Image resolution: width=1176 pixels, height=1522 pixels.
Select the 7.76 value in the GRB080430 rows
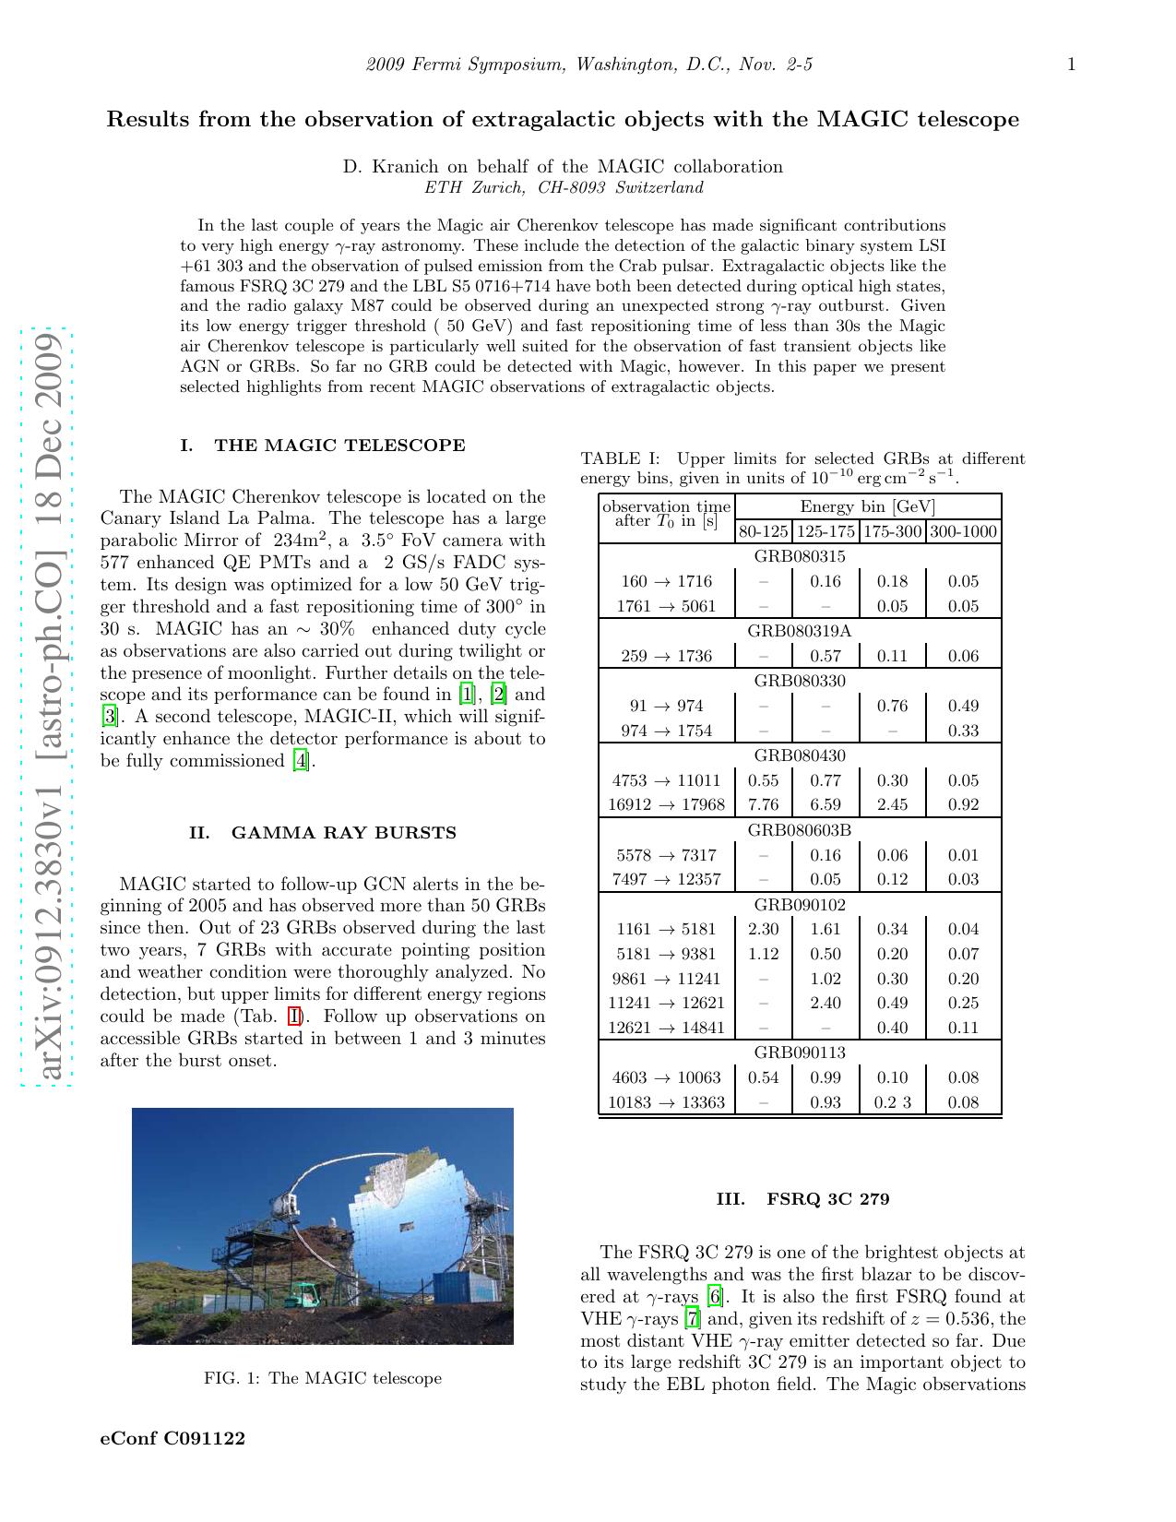(x=763, y=804)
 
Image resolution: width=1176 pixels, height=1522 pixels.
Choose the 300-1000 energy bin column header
(x=963, y=531)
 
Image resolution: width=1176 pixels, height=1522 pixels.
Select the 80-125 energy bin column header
(x=763, y=531)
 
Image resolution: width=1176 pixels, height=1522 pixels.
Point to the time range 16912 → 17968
(x=666, y=804)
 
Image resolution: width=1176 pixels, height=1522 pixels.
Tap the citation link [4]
(x=301, y=761)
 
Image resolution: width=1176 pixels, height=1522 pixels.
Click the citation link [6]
(x=714, y=1297)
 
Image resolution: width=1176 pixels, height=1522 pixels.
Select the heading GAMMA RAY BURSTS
(x=343, y=833)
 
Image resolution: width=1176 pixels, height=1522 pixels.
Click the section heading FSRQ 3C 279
(x=827, y=1199)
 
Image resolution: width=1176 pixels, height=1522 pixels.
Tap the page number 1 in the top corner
(x=1071, y=65)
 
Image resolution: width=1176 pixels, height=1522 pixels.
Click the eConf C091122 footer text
(x=172, y=1438)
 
